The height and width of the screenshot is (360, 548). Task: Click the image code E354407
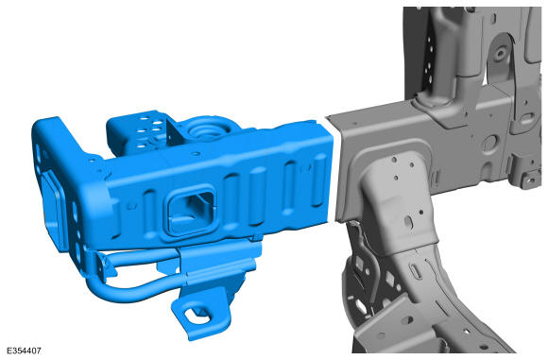[24, 351]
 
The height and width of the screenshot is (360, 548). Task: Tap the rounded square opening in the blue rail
[191, 211]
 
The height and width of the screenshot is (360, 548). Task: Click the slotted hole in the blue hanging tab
[197, 317]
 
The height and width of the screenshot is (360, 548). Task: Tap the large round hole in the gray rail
[489, 143]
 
